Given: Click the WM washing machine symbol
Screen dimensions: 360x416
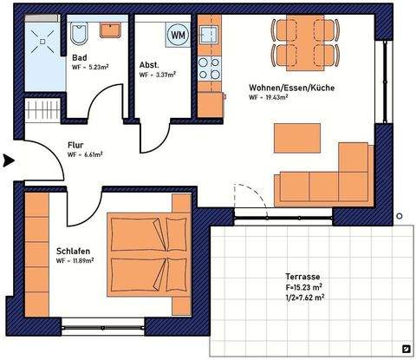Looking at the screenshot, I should [179, 35].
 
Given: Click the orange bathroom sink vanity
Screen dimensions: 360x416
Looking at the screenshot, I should [110, 30].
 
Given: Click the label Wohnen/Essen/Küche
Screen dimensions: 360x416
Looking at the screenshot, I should [291, 88].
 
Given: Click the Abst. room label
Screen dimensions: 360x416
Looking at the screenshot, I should [149, 65].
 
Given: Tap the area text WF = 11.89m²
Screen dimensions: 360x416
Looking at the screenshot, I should [75, 260].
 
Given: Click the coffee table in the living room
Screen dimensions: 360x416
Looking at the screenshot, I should [297, 137].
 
